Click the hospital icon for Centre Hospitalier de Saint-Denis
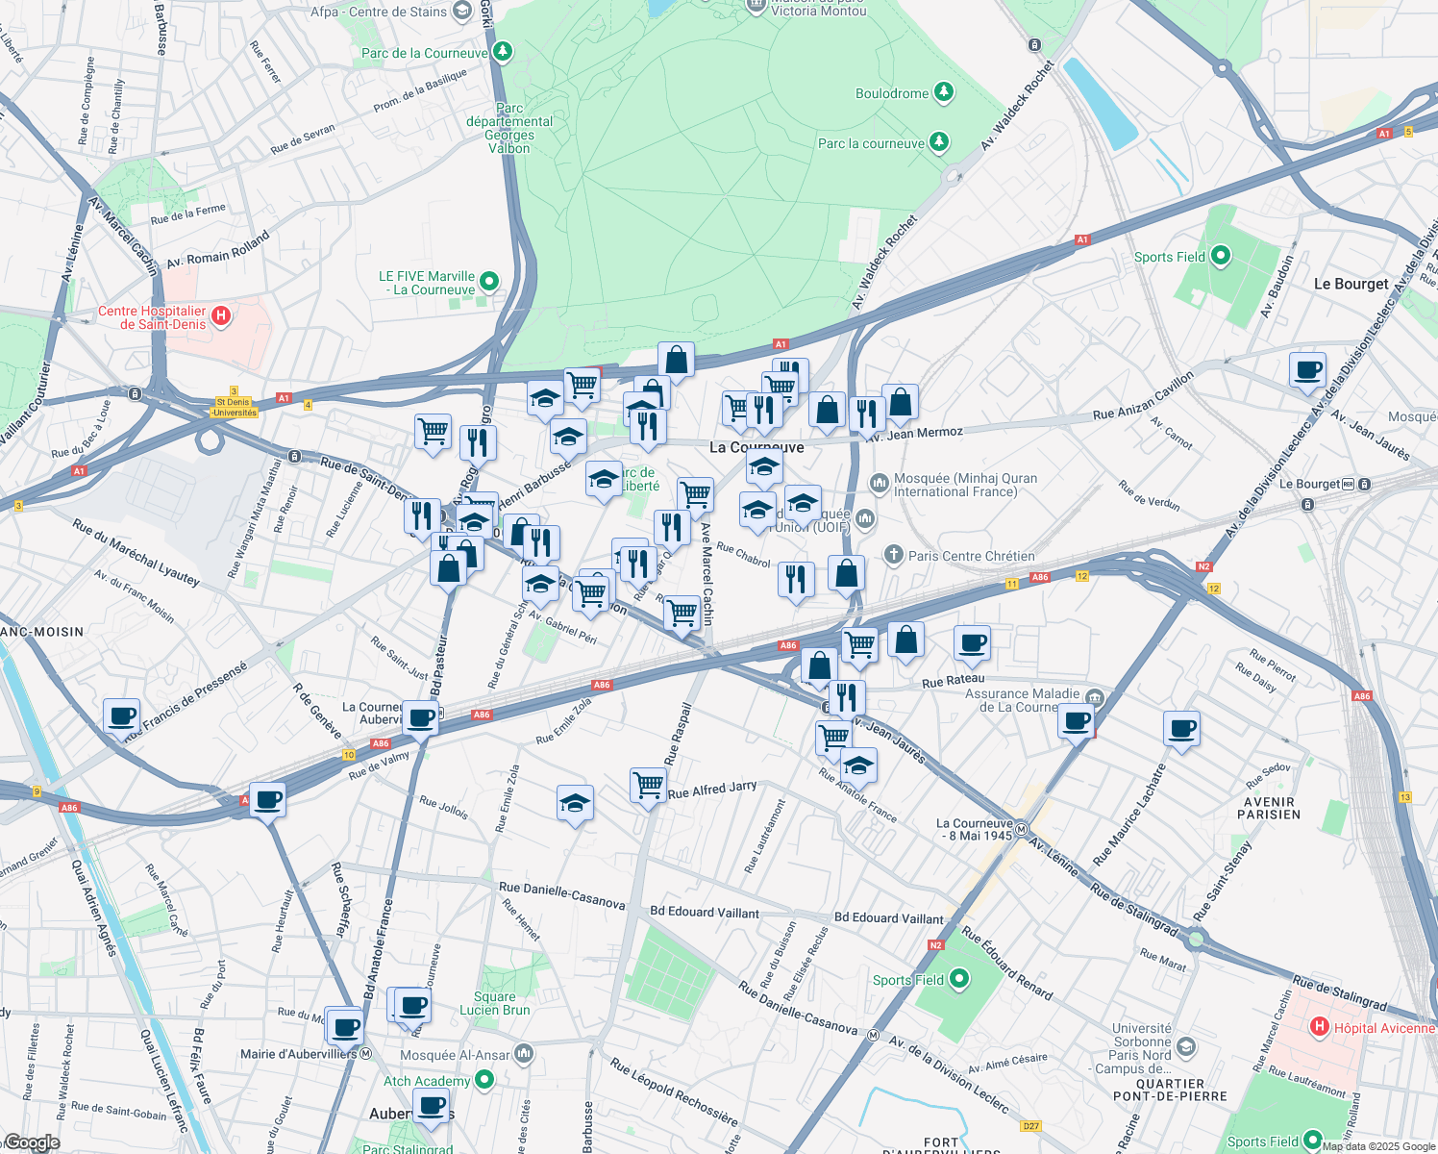click(x=221, y=315)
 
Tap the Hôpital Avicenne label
click(x=1383, y=1028)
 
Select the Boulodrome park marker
click(x=945, y=92)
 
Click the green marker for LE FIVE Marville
click(x=489, y=282)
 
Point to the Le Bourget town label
click(x=1351, y=284)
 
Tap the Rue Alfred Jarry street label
click(x=712, y=790)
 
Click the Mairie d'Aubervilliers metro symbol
click(x=366, y=1054)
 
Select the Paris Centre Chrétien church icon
click(x=894, y=555)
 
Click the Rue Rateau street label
click(x=953, y=680)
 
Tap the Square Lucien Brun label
click(x=494, y=1003)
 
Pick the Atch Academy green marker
click(x=484, y=1080)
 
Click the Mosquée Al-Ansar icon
click(x=524, y=1054)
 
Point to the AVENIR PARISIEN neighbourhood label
click(x=1269, y=808)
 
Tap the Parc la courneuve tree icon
click(x=939, y=142)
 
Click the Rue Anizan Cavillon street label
click(x=1143, y=396)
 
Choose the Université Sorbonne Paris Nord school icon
click(x=1186, y=1047)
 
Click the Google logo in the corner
click(x=32, y=1142)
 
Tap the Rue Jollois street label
click(x=443, y=808)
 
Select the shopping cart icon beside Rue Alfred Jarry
click(x=649, y=785)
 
